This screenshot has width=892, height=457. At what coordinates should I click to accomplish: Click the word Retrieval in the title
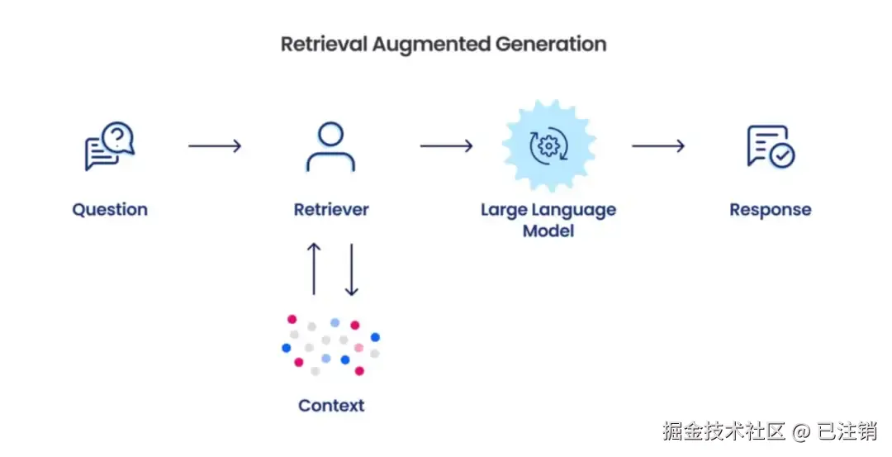pyautogui.click(x=324, y=45)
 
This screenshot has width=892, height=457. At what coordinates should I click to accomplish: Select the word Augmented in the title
pyautogui.click(x=431, y=45)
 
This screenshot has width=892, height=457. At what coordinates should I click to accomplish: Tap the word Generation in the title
pyautogui.click(x=551, y=45)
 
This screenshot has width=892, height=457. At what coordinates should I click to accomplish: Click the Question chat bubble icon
pyautogui.click(x=110, y=145)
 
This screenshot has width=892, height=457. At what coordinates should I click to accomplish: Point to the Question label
pyautogui.click(x=110, y=210)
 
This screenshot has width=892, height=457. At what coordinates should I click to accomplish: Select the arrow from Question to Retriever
pyautogui.click(x=215, y=146)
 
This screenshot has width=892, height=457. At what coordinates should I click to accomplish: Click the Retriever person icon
pyautogui.click(x=330, y=146)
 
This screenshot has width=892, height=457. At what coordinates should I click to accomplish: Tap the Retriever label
pyautogui.click(x=331, y=209)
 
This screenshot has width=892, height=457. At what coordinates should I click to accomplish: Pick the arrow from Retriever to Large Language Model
pyautogui.click(x=447, y=146)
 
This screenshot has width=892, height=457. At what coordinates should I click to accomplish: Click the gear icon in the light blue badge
pyautogui.click(x=549, y=146)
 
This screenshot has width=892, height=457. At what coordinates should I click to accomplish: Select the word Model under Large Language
pyautogui.click(x=548, y=231)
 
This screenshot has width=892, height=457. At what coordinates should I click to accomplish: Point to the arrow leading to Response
pyautogui.click(x=658, y=146)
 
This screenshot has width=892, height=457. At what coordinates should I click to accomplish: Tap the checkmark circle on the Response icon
pyautogui.click(x=783, y=155)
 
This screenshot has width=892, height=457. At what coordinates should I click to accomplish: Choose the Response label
pyautogui.click(x=771, y=210)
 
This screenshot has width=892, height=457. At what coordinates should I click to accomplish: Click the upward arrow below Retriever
pyautogui.click(x=314, y=269)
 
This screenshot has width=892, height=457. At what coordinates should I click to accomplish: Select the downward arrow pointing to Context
pyautogui.click(x=352, y=269)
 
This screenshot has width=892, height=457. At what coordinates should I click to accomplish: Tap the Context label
pyautogui.click(x=331, y=406)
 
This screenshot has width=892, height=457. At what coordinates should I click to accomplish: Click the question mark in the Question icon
pyautogui.click(x=118, y=137)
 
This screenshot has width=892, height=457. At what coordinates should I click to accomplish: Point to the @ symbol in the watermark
pyautogui.click(x=801, y=431)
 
